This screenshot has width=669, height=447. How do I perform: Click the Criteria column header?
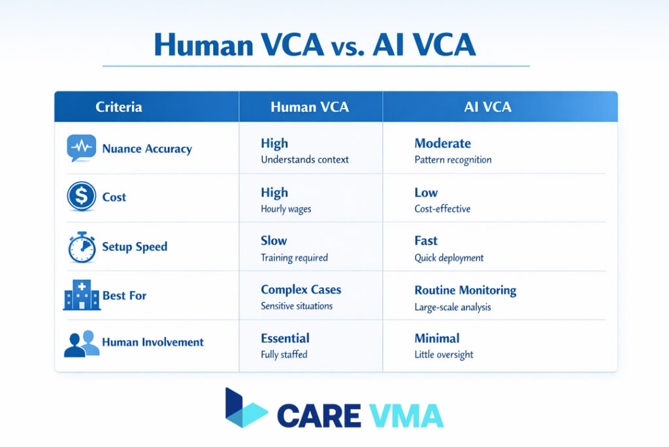click(118, 107)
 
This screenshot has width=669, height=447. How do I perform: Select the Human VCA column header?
click(310, 107)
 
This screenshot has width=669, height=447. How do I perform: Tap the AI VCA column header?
click(487, 107)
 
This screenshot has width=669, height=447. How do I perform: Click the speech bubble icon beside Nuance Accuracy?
click(81, 149)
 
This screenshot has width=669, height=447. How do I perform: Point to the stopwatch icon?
click(82, 247)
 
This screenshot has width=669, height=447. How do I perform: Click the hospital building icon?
click(81, 296)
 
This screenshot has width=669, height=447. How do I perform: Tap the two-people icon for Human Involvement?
click(82, 343)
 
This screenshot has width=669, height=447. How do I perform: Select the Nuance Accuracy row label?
click(147, 149)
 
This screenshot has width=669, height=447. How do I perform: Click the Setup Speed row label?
click(135, 247)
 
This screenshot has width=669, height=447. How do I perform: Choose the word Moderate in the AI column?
click(442, 143)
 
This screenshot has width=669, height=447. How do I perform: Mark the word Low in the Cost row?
click(426, 192)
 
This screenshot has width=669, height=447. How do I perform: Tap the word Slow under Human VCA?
click(274, 241)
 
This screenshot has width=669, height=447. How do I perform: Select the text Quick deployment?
click(449, 258)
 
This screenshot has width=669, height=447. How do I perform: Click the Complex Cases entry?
click(301, 289)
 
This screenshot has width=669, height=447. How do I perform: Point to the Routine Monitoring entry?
click(465, 290)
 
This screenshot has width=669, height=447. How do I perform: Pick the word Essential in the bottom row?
click(285, 338)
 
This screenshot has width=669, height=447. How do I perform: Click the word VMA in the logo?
click(406, 415)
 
